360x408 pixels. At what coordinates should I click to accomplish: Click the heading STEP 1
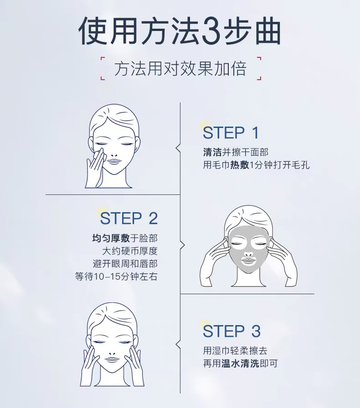point(231,133)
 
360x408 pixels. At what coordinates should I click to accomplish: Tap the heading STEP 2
point(129,218)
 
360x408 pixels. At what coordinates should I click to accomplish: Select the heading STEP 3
point(231,331)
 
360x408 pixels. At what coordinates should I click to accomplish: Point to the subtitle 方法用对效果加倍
point(180,69)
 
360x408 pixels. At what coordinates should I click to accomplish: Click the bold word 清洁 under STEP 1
point(212,152)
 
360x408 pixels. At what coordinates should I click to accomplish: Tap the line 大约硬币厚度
point(130,251)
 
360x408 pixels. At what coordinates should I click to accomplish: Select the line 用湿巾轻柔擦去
point(235,351)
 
